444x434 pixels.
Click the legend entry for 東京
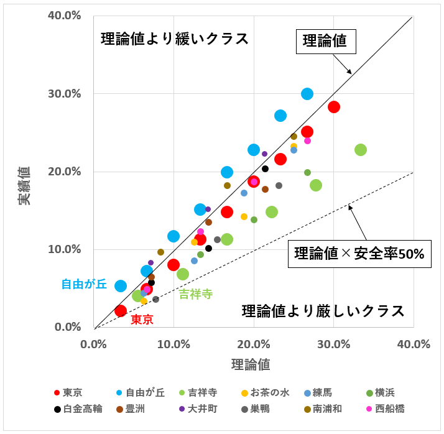pyautogui.click(x=72, y=392)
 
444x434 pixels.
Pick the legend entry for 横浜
pyautogui.click(x=381, y=392)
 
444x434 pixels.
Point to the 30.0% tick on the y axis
pyautogui.click(x=65, y=94)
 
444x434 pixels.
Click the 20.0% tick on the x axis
pyautogui.click(x=254, y=344)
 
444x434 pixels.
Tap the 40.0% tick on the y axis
pyautogui.click(x=65, y=16)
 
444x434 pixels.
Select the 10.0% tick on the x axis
pyautogui.click(x=173, y=344)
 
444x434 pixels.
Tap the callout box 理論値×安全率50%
pyautogui.click(x=359, y=254)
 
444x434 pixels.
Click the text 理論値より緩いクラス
pyautogui.click(x=175, y=39)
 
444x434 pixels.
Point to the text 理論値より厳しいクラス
pyautogui.click(x=323, y=310)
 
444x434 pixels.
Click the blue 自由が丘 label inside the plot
pyautogui.click(x=84, y=284)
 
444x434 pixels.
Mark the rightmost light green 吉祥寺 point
pyautogui.click(x=361, y=150)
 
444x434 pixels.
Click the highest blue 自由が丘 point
pyautogui.click(x=307, y=94)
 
